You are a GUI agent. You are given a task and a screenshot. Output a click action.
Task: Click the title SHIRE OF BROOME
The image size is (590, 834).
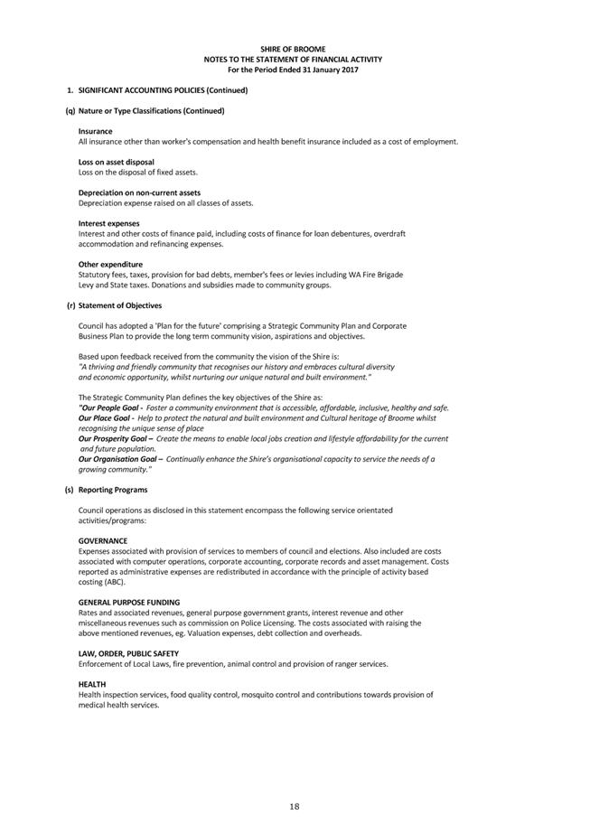pyautogui.click(x=294, y=49)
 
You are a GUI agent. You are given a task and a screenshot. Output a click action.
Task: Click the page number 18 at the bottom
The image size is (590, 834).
pyautogui.click(x=294, y=806)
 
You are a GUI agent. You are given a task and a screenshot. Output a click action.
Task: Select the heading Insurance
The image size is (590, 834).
pyautogui.click(x=96, y=131)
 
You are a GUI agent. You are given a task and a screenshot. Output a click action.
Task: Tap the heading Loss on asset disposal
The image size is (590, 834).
pyautogui.click(x=117, y=162)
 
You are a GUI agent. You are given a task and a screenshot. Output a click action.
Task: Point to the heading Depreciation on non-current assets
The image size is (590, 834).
pyautogui.click(x=139, y=192)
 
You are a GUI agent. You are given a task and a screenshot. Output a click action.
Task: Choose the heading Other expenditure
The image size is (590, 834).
pyautogui.click(x=110, y=264)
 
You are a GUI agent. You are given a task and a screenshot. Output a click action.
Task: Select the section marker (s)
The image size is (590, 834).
pyautogui.click(x=70, y=490)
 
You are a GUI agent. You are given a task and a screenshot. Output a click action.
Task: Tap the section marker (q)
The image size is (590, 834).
pyautogui.click(x=70, y=110)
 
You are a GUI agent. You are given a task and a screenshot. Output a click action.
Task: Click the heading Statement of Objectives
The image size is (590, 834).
pyautogui.click(x=120, y=305)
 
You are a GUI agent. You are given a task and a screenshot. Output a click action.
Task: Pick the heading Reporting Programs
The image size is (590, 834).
pyautogui.click(x=113, y=490)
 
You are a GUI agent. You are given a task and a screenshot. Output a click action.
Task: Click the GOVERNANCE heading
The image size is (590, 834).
pyautogui.click(x=103, y=540)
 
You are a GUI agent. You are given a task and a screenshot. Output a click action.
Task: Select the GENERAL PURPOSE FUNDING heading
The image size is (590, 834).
pyautogui.click(x=129, y=602)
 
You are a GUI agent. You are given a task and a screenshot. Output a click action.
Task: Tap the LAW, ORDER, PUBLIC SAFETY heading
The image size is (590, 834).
pyautogui.click(x=128, y=653)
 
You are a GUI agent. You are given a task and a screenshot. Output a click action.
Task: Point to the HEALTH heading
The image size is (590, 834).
pyautogui.click(x=92, y=684)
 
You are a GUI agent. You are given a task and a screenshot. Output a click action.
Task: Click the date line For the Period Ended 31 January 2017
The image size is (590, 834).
pyautogui.click(x=294, y=70)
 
